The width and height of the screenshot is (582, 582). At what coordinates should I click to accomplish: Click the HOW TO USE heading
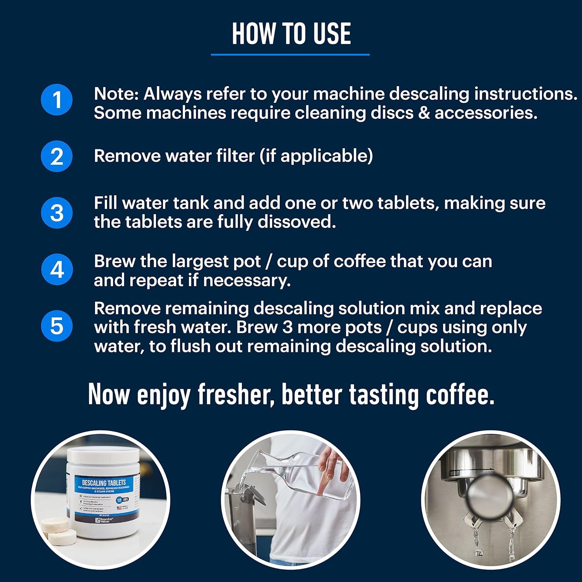pos(291,34)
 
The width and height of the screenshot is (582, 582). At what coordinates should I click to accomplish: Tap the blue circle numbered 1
pos(57,100)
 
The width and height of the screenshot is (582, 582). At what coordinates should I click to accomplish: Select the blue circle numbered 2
pos(57,156)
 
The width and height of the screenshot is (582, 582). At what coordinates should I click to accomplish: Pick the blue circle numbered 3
pos(57,213)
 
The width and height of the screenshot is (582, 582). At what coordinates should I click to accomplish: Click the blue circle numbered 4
pos(57,270)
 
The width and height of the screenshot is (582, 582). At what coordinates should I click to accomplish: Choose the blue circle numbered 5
pos(57,326)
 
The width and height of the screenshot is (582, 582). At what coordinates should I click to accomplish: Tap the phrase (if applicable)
pos(316,156)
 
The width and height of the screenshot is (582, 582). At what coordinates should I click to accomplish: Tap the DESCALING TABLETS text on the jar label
pos(104,483)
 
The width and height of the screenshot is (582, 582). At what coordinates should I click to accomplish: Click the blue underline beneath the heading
pos(290,55)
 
